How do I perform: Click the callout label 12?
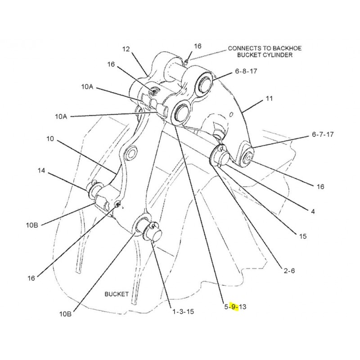(126, 49)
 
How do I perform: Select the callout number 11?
(270, 98)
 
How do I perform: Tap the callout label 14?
(41, 171)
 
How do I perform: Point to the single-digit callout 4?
(312, 211)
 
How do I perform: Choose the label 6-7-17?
(323, 135)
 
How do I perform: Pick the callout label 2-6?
(289, 270)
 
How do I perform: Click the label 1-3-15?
(182, 311)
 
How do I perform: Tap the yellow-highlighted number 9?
(233, 307)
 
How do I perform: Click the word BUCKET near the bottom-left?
(117, 294)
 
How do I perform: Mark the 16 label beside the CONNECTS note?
(198, 46)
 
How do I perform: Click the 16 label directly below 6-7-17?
(320, 186)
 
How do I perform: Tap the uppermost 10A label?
(87, 87)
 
